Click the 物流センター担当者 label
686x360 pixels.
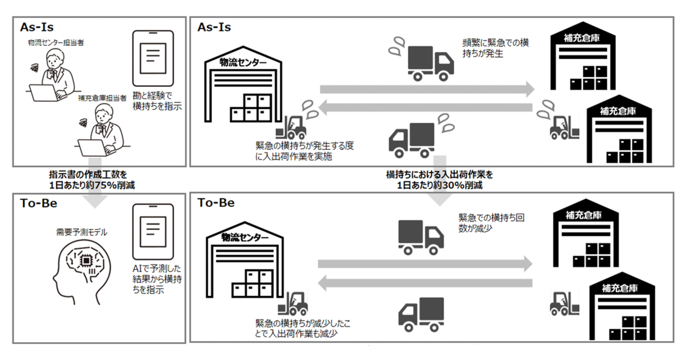click(x=56, y=42)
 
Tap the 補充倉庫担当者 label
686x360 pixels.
click(x=102, y=98)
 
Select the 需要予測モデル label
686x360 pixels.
click(x=81, y=232)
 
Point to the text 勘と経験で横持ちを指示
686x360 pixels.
click(x=157, y=101)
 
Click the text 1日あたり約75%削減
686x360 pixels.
click(x=92, y=185)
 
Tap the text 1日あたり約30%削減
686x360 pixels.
click(x=439, y=185)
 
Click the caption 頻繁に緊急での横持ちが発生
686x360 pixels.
click(x=496, y=48)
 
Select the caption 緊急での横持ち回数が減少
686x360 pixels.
click(x=491, y=223)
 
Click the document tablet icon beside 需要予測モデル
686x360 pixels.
click(x=153, y=232)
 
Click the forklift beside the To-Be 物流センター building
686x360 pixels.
click(x=293, y=304)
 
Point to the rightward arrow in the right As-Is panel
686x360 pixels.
click(x=427, y=90)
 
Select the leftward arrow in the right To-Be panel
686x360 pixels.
click(x=425, y=283)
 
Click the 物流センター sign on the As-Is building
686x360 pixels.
click(x=243, y=63)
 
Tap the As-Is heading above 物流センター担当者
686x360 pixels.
click(x=37, y=27)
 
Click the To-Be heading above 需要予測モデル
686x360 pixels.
click(x=39, y=203)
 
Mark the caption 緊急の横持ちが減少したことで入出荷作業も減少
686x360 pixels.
click(x=303, y=328)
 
